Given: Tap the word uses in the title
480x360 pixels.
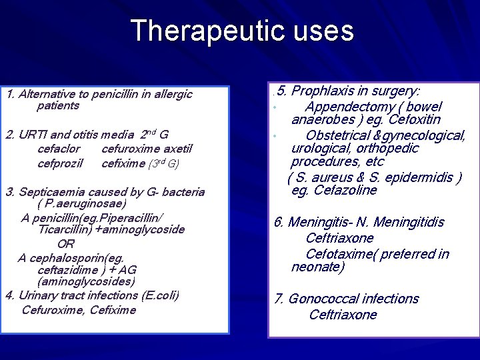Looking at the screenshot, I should tap(321, 31).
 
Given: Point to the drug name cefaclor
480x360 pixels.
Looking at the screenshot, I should tap(59, 149).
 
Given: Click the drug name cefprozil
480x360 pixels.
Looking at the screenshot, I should tap(60, 163).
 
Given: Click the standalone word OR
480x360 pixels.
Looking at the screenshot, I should tap(66, 244).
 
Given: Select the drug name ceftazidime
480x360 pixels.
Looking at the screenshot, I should tap(69, 269).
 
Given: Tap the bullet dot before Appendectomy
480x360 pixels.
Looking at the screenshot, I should tap(274, 109).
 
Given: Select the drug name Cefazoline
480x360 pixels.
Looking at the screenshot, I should tap(344, 190).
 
